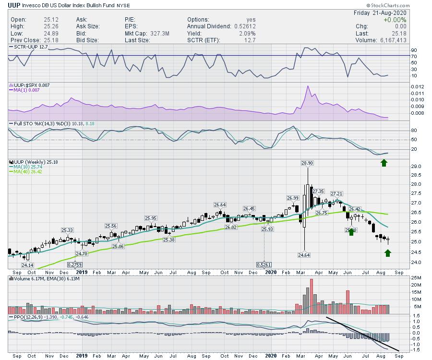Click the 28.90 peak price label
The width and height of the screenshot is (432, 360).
click(307, 164)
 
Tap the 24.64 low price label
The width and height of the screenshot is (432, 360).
click(304, 255)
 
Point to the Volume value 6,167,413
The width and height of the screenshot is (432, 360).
click(390, 40)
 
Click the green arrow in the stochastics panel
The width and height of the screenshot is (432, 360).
click(384, 163)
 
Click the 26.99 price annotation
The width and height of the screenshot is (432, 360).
click(293, 198)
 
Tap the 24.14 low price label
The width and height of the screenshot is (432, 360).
click(27, 265)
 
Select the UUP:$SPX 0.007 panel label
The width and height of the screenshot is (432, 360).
click(30, 85)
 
